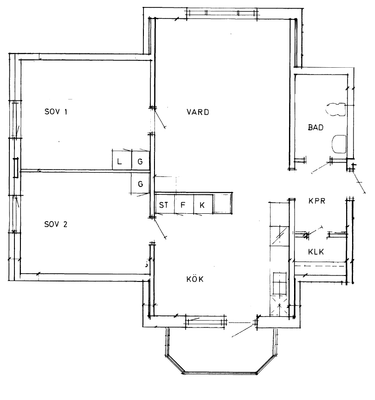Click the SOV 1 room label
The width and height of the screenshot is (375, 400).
[x=56, y=112]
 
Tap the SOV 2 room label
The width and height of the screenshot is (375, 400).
[x=56, y=224]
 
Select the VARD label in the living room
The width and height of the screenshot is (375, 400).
[x=198, y=112]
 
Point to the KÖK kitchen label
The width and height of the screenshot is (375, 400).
[x=195, y=279]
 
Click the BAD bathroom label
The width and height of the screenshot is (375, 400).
[x=316, y=127]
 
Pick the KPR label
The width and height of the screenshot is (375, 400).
[x=317, y=201]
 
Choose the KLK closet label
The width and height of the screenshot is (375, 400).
[x=316, y=252]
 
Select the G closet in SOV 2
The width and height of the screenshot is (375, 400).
[x=140, y=183]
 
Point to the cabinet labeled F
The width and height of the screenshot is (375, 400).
[x=184, y=204]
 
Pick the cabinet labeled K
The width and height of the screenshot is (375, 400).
[x=203, y=204]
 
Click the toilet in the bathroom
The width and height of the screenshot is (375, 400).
[x=336, y=110]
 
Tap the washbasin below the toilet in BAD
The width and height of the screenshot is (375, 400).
[x=339, y=144]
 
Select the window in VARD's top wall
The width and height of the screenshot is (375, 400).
[x=222, y=13]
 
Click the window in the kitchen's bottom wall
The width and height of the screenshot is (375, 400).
[x=206, y=321]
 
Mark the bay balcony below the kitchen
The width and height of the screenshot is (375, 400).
[x=220, y=352]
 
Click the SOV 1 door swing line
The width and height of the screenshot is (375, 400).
[x=159, y=117]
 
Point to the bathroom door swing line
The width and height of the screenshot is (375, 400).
[x=321, y=168]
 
